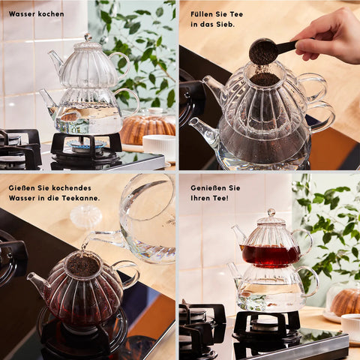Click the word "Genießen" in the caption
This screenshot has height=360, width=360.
[206, 188]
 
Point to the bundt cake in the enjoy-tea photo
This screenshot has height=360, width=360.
[344, 302]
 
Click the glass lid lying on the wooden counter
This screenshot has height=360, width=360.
[85, 217]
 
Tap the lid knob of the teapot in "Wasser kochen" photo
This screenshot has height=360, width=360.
[88, 37]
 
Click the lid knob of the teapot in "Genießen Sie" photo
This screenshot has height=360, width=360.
[271, 213]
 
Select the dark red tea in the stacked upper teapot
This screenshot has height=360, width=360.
[271, 256]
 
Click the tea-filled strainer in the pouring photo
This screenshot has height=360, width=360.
[82, 265]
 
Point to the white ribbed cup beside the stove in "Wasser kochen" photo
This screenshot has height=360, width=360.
[159, 147]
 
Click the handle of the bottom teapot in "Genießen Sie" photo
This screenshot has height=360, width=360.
[311, 280]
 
